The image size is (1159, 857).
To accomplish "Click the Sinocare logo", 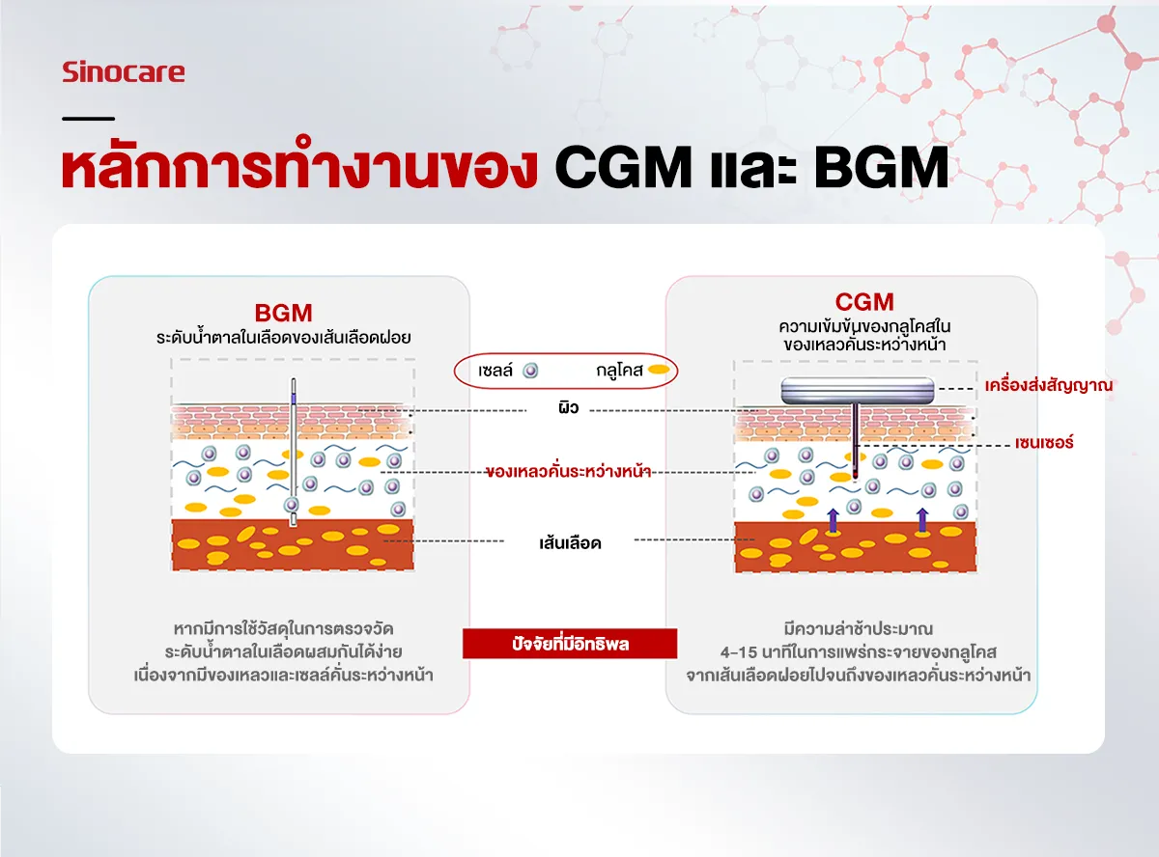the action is coord(124,72).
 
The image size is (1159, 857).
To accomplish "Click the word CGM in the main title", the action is coord(623,167).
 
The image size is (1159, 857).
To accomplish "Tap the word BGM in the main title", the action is coord(881,167).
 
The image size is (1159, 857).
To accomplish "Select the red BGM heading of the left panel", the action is coord(283,314).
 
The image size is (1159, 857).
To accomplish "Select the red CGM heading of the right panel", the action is coord(864,302).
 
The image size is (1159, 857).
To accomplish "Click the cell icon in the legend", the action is coord(530,371).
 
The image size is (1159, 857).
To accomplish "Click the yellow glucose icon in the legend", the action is coord(659,370).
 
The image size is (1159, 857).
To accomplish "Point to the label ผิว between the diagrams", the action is coord(569,407).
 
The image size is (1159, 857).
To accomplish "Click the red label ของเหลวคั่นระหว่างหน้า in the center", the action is coord(568,472).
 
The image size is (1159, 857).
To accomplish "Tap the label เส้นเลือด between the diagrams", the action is coord(570,543).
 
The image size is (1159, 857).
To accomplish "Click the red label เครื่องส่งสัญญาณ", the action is coord(1048,385).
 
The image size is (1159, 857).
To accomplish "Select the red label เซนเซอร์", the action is coord(1044,443).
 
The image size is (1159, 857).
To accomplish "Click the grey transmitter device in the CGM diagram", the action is coord(858,391).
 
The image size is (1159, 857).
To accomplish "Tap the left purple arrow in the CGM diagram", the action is coord(833,520).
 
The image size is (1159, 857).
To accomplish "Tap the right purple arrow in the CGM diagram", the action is coord(922,520).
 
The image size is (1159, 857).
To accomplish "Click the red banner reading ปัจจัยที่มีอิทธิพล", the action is coord(570,644).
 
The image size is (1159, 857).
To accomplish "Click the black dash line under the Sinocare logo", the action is coord(88,119).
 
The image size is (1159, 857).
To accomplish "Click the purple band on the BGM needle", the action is coord(294,399).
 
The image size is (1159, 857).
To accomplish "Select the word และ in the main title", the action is coord(752,168).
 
